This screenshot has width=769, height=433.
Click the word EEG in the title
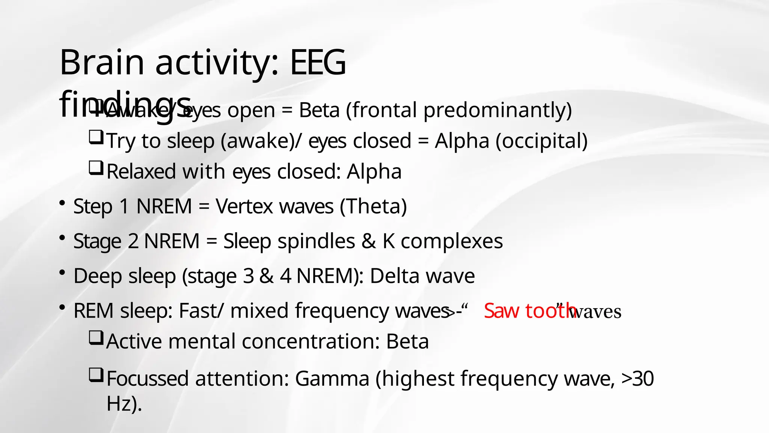318,62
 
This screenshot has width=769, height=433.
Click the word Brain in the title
102,62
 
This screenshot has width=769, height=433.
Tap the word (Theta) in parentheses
373,207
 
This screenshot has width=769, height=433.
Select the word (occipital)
541,141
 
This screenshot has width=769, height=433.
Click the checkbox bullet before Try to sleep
96,137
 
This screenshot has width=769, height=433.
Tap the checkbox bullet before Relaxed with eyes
96,168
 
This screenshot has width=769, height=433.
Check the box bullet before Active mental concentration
96,338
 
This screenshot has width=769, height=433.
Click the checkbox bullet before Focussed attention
96,375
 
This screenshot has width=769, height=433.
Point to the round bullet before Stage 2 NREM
63,238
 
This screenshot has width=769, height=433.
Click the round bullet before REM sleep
63,307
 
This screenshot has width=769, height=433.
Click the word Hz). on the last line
124,404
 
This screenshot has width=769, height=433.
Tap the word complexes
452,241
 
